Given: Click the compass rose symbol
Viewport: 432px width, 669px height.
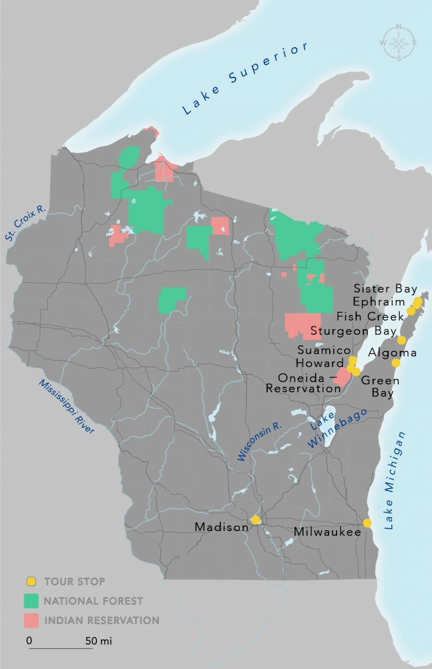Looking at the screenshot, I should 399,43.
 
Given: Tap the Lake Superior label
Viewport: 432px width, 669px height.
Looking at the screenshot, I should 245,78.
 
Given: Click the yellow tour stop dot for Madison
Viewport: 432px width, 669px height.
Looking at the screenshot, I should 255,520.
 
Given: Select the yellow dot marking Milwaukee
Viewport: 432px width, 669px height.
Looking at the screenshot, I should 367,523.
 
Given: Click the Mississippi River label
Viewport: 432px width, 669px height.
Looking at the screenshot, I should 66,406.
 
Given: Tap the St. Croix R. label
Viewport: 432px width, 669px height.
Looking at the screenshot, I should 25,223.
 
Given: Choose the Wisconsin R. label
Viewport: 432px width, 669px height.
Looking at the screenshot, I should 259,442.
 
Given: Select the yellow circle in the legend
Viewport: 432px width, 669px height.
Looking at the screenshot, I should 31,581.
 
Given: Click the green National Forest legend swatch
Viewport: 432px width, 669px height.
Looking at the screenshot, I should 31,601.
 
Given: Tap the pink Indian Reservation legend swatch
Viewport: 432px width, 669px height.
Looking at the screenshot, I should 31,620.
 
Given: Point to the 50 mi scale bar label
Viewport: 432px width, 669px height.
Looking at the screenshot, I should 99,641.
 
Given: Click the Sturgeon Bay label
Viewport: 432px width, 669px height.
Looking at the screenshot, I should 353,331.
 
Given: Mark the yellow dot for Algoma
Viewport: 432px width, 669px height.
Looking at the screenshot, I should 395,363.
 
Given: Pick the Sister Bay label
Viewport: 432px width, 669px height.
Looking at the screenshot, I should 385,289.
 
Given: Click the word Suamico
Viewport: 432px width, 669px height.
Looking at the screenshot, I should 324,350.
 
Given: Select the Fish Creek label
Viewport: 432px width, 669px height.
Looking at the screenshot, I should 370,316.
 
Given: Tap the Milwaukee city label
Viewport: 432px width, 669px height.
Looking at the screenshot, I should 327,532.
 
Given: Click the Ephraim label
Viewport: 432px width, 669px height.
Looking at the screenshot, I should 379,302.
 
